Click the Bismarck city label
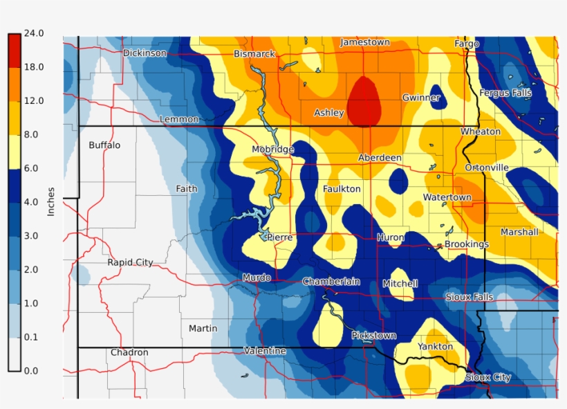click(254, 54)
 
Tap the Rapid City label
click(130, 262)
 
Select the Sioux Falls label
click(469, 297)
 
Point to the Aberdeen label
click(380, 158)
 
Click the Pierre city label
click(279, 237)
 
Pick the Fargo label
click(467, 44)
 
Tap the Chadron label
click(129, 352)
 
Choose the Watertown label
click(447, 197)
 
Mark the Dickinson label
click(145, 53)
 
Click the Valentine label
click(265, 351)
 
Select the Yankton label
click(435, 346)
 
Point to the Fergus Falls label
click(505, 93)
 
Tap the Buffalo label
click(104, 145)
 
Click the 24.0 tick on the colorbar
click(34, 33)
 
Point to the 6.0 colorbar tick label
click(34, 168)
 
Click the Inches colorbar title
click(50, 201)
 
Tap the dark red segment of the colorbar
click(14, 50)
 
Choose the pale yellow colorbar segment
click(14, 151)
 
